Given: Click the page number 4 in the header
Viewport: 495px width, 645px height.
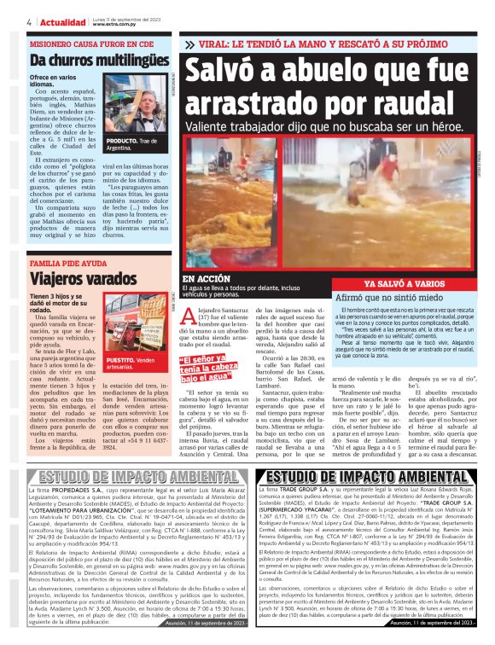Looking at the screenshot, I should [30, 21].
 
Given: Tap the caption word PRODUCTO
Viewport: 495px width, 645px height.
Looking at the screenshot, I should [119, 140].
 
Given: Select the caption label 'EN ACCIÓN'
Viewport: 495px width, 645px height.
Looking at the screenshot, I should [205, 279].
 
